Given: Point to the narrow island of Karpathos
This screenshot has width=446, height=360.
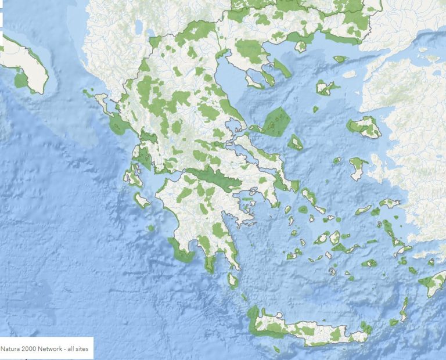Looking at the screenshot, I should [403, 308].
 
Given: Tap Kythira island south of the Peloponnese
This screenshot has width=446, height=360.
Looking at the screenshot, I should [233, 281].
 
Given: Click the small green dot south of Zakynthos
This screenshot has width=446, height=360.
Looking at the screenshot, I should [151, 228].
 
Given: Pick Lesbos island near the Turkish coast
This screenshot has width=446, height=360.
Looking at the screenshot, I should [365, 127].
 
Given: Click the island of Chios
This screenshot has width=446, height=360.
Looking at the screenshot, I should [358, 168].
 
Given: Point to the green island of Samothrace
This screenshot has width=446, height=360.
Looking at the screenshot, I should [340, 59].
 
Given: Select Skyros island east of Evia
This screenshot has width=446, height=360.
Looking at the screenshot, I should [295, 142].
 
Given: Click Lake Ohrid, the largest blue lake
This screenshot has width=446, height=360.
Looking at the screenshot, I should [139, 27].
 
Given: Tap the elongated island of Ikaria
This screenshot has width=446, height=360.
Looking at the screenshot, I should [364, 210].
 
